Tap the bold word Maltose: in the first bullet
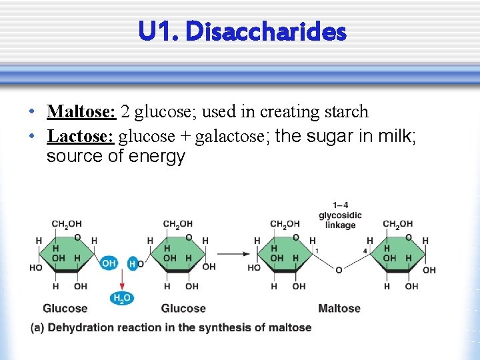(x=81, y=111)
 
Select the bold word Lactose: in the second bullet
(x=81, y=136)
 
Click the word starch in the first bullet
(x=347, y=111)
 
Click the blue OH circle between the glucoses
(x=109, y=263)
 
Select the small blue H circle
(x=132, y=264)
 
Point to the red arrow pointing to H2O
(x=121, y=282)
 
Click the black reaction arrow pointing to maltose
(x=233, y=253)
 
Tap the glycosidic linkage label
(x=341, y=215)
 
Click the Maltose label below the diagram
(x=339, y=308)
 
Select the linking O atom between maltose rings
(x=339, y=270)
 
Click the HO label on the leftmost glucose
(x=36, y=268)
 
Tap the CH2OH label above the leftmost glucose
(x=66, y=224)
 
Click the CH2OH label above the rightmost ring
(x=398, y=224)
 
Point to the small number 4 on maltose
(x=365, y=251)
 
